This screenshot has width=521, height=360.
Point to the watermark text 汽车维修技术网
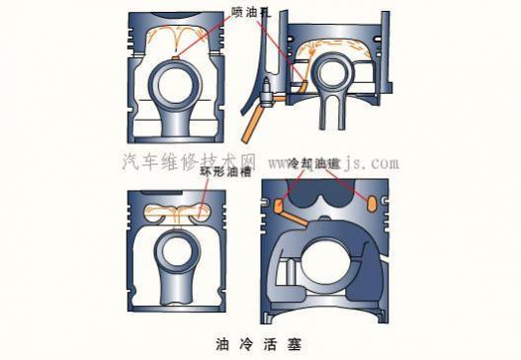[188, 160]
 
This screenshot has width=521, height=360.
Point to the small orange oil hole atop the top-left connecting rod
[174, 60]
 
